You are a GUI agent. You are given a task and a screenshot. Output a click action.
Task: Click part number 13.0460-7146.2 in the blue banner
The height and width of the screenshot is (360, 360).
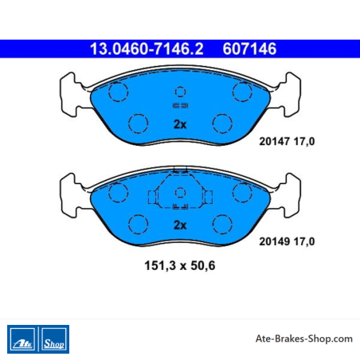(147, 49)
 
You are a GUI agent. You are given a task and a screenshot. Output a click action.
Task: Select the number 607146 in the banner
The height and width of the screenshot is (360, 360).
(249, 49)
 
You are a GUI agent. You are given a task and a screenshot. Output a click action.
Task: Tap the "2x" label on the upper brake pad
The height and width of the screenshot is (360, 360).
(180, 124)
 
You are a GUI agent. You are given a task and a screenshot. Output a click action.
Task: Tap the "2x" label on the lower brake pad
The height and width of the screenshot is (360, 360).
(180, 225)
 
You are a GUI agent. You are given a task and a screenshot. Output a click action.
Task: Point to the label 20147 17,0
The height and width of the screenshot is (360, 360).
(287, 142)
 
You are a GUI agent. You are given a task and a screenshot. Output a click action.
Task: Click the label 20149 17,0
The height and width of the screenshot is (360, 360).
(287, 241)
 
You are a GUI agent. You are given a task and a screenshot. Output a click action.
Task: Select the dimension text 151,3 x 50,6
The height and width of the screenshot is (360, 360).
(180, 265)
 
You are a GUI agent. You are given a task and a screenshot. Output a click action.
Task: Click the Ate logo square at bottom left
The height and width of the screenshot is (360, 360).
(22, 339)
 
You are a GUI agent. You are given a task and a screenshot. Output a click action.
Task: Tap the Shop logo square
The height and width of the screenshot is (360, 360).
(54, 339)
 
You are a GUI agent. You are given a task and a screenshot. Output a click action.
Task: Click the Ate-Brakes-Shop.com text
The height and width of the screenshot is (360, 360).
(304, 338)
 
